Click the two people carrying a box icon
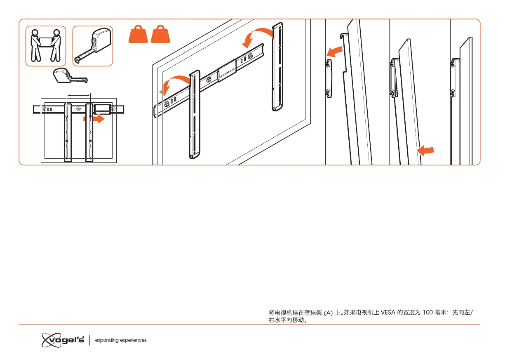pos(46,46)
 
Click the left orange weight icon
pos(138,34)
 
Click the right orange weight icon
pos(160,34)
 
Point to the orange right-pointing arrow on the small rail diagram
pos(94,118)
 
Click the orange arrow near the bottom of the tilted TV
pos(426,151)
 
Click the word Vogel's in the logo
pos(66,340)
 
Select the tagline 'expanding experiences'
pos(121,340)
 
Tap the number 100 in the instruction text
pos(429,313)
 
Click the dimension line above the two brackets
pos(78,95)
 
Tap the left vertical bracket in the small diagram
pos(67,132)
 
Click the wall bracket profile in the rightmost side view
pos(455,77)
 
